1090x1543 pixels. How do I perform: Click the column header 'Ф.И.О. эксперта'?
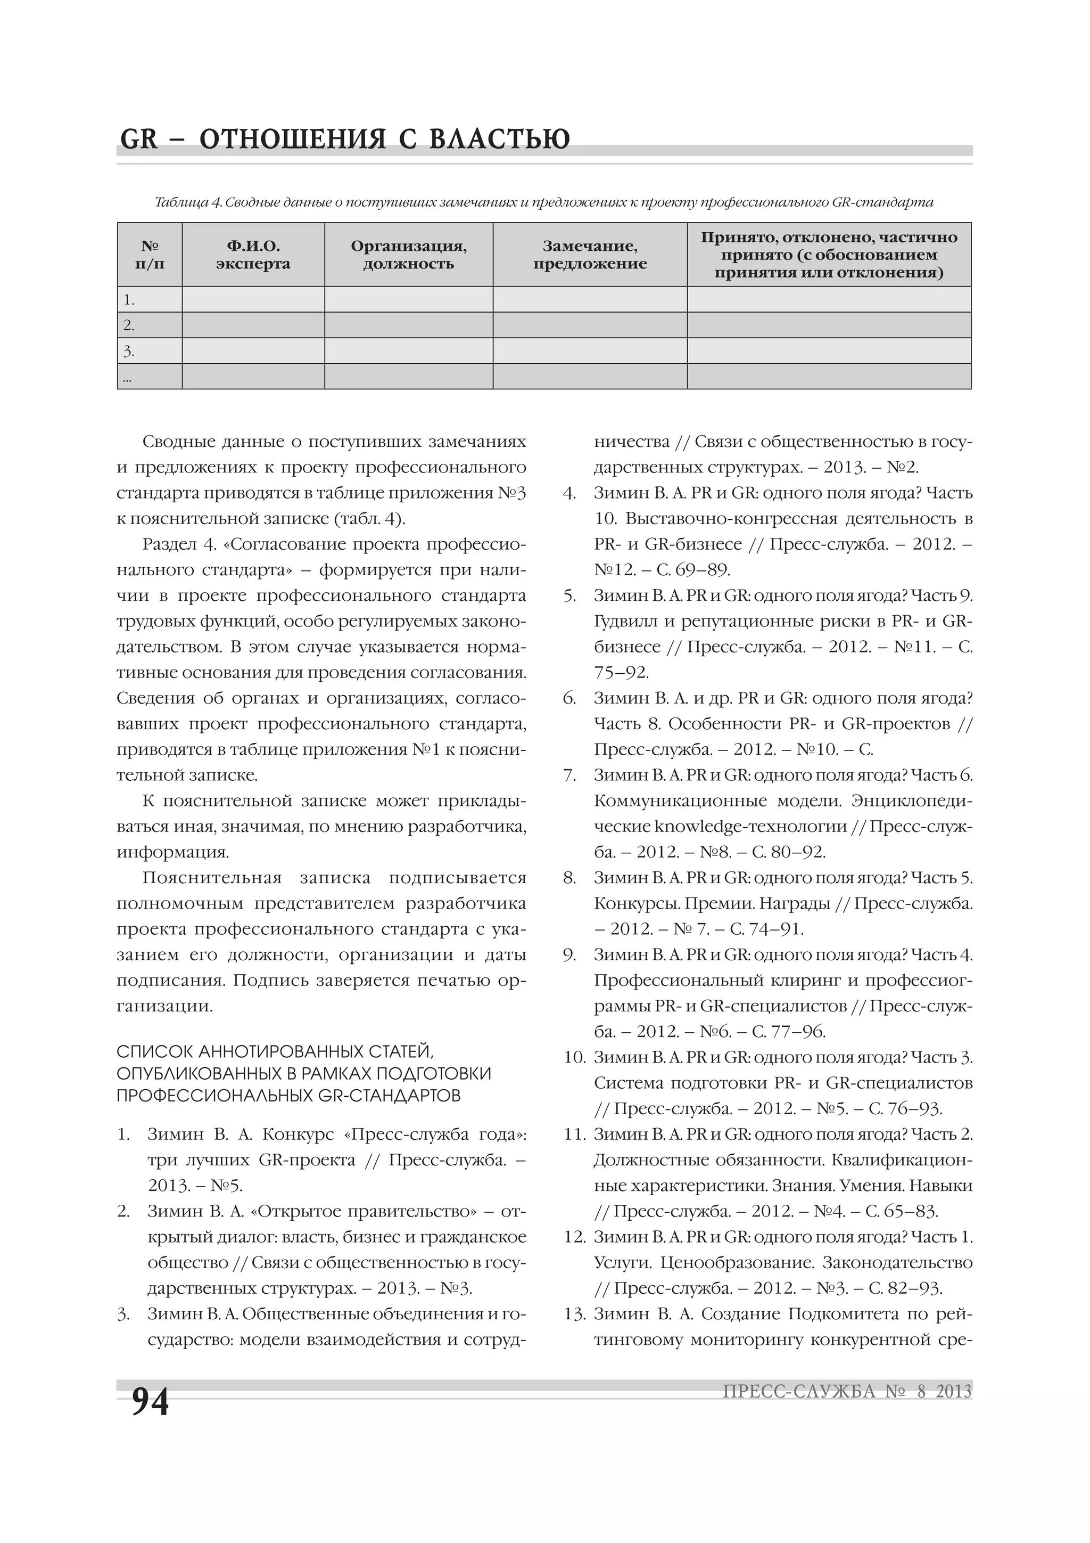pyautogui.click(x=253, y=255)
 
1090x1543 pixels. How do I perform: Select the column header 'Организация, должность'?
pyautogui.click(x=408, y=255)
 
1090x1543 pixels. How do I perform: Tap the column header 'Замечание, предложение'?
pyautogui.click(x=590, y=255)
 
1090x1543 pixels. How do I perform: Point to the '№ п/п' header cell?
pyautogui.click(x=150, y=255)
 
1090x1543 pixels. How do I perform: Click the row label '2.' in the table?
pyautogui.click(x=129, y=325)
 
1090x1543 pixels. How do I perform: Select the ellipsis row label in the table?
pyautogui.click(x=128, y=378)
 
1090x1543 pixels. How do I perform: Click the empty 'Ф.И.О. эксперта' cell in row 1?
pyautogui.click(x=253, y=300)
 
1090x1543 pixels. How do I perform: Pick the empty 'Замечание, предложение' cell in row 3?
pyautogui.click(x=590, y=351)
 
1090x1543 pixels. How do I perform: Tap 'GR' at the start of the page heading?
pyautogui.click(x=138, y=139)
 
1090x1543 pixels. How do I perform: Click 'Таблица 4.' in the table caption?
pyautogui.click(x=188, y=202)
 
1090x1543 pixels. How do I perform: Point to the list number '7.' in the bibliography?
pyautogui.click(x=569, y=775)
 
